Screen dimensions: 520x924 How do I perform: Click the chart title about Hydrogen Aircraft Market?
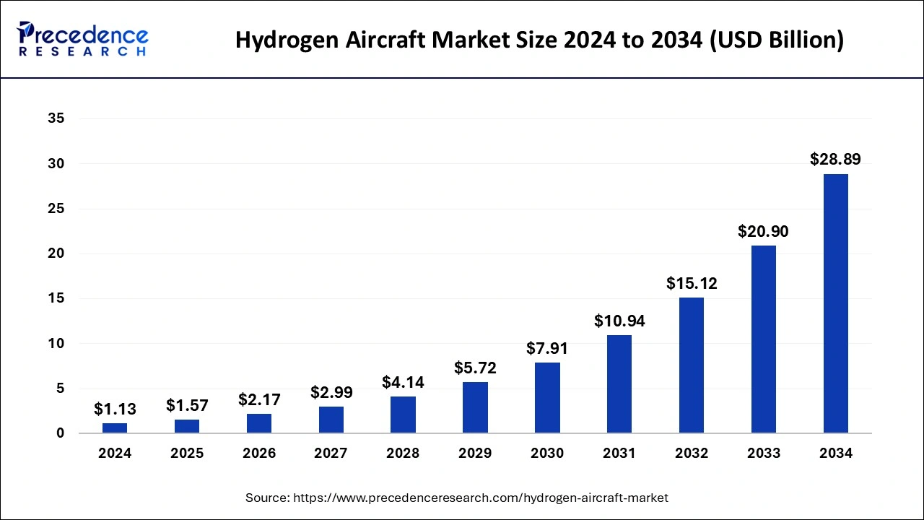[x=539, y=40]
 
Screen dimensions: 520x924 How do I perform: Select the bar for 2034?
[x=836, y=303]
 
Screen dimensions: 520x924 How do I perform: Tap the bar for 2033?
[x=764, y=339]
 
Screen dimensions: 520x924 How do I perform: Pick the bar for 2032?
[x=692, y=365]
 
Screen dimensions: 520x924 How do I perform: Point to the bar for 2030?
[x=547, y=398]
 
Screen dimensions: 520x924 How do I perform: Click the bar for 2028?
[x=403, y=415]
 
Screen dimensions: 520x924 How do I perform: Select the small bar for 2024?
[x=115, y=428]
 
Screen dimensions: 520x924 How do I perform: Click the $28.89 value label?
[x=835, y=160]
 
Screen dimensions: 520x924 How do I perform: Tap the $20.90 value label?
[x=763, y=232]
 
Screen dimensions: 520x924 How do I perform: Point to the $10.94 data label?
[x=619, y=321]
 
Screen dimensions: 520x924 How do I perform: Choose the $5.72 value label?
[x=475, y=368]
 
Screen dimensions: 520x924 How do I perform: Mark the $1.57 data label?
[x=187, y=405]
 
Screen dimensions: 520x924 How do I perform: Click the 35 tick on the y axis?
[x=56, y=119]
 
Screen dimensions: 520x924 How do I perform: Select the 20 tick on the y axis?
[x=56, y=253]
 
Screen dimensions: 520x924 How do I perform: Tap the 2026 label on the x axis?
[x=259, y=454]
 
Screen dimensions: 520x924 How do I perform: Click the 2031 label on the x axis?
[x=619, y=454]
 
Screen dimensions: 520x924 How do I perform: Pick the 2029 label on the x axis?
[x=475, y=454]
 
